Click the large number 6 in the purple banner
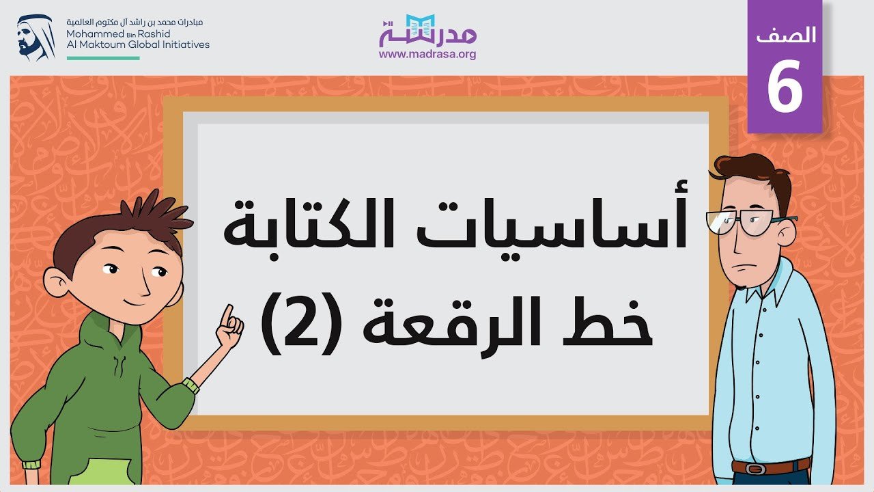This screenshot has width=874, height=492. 785,86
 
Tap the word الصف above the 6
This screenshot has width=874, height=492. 785,36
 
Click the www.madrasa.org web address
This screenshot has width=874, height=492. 427,54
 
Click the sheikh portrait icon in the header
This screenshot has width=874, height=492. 35,38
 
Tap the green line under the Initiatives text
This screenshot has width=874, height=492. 103,58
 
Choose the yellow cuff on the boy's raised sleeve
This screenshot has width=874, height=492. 191,385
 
